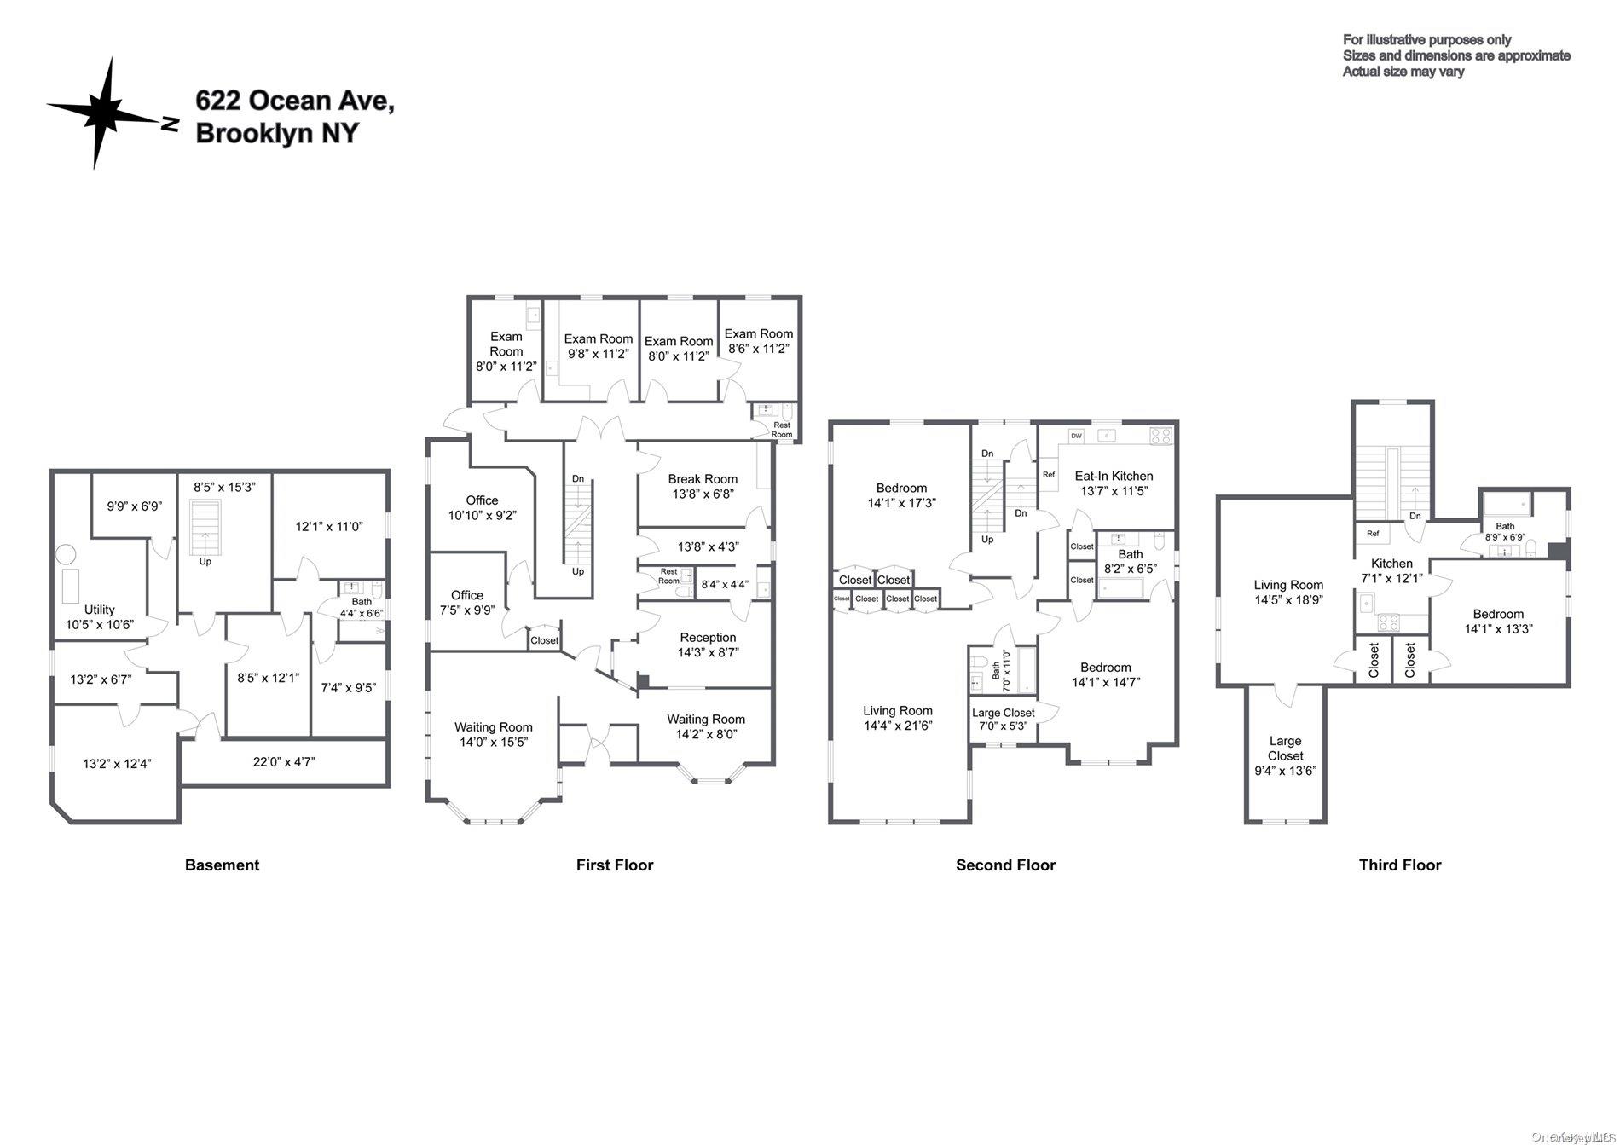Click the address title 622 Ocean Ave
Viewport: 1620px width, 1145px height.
point(294,101)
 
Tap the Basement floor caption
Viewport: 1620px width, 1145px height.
point(222,865)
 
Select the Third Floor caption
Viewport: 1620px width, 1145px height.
point(1399,865)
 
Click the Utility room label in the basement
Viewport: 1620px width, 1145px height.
point(100,610)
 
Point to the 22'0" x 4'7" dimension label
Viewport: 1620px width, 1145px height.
point(284,762)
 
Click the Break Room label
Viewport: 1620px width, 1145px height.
point(703,479)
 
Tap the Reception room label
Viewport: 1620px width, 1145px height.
point(708,638)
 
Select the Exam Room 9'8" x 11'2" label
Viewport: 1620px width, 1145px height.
point(599,338)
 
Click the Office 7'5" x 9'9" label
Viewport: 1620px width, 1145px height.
point(466,595)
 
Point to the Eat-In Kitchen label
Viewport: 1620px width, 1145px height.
point(1114,476)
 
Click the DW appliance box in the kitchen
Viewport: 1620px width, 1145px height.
point(1076,436)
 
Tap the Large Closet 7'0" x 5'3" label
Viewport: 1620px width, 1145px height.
point(1003,713)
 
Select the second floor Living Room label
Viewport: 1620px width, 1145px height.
point(897,710)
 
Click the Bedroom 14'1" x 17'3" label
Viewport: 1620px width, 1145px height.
point(901,489)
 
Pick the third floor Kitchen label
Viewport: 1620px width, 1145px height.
point(1391,564)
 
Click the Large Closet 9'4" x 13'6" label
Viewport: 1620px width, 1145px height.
point(1285,749)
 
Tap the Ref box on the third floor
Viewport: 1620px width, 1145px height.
point(1373,534)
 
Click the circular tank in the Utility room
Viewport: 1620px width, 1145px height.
point(66,555)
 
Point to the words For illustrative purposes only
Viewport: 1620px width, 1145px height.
point(1426,39)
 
